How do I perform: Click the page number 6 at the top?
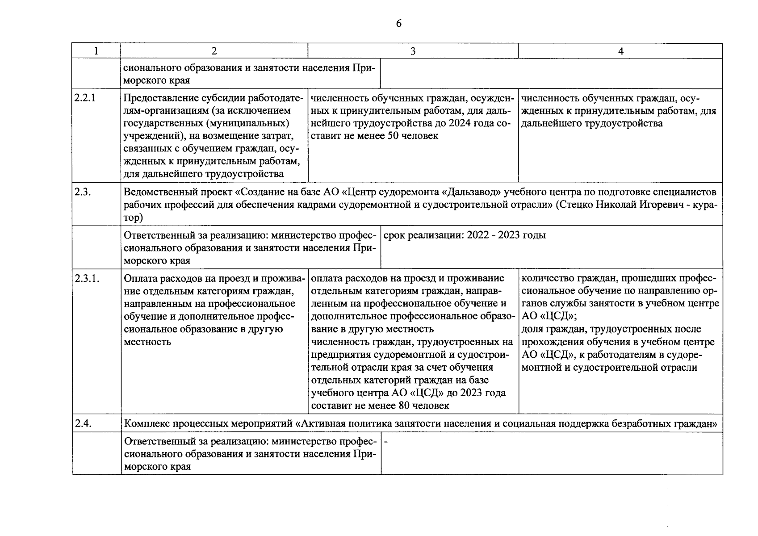(398, 24)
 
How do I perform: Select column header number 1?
(96, 51)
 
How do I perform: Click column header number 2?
(214, 51)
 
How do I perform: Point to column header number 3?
(413, 51)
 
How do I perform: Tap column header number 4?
(620, 51)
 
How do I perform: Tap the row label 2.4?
(83, 423)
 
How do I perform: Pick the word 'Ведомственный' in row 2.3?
(155, 193)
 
